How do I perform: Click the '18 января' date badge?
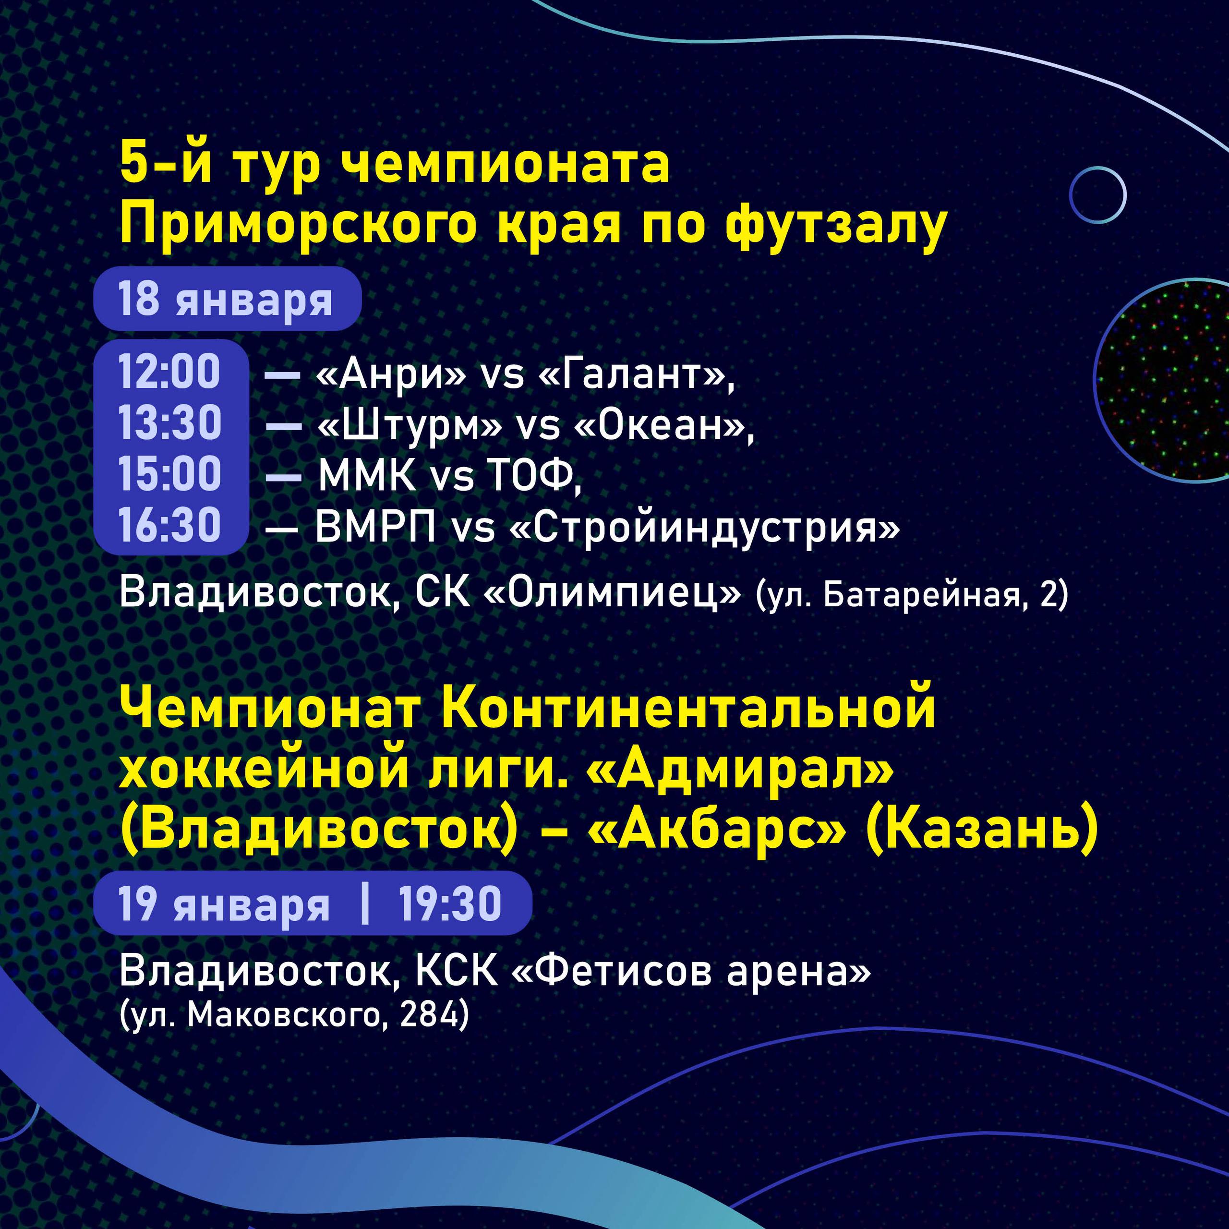(227, 299)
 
